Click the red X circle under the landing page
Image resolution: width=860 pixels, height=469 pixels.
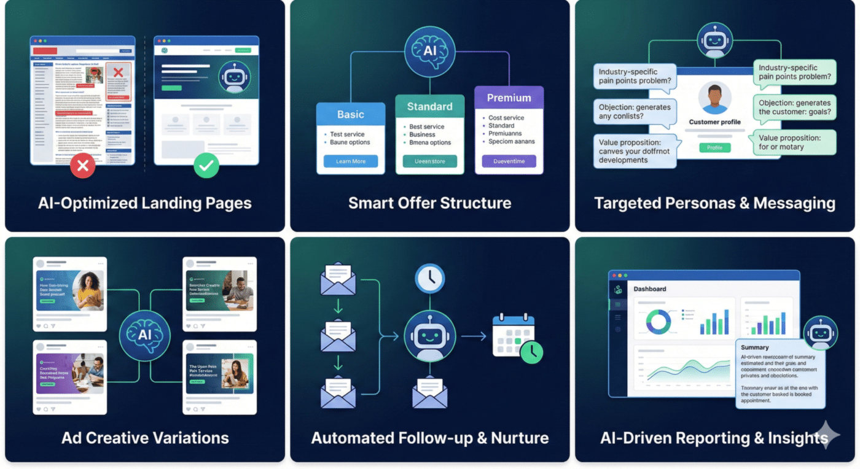82,166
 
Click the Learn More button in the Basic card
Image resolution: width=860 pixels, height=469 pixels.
351,161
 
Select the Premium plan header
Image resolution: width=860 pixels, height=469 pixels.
509,98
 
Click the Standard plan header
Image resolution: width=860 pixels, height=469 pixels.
429,107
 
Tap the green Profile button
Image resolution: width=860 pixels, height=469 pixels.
714,147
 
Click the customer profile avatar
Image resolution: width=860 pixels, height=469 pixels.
714,98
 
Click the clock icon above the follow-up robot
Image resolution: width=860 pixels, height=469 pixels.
429,279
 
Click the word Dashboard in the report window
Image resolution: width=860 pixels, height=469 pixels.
650,289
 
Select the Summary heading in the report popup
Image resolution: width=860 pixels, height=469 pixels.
754,347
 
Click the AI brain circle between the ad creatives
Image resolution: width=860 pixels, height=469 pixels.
144,335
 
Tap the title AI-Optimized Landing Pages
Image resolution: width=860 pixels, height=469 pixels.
144,203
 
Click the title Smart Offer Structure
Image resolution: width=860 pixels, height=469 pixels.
429,203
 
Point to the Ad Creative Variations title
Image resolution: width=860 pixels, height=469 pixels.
145,438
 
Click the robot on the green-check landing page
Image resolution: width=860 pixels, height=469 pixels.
234,77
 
